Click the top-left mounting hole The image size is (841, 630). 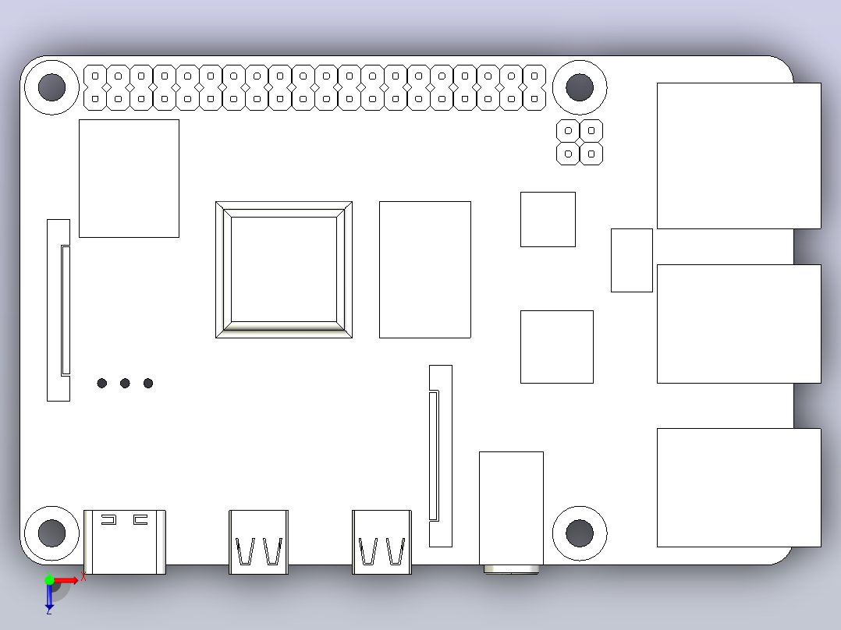click(52, 87)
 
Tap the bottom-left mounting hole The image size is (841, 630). click(52, 533)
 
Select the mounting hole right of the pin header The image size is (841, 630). click(580, 87)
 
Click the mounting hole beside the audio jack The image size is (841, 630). click(580, 533)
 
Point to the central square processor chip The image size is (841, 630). click(284, 270)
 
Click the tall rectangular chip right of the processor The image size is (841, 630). click(424, 270)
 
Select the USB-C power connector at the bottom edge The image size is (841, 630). click(125, 542)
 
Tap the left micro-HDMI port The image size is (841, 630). click(258, 542)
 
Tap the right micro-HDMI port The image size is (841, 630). click(382, 542)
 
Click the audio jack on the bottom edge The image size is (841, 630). click(511, 512)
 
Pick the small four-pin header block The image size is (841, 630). click(580, 142)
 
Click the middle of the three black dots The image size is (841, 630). click(125, 383)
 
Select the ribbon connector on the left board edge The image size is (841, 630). click(59, 310)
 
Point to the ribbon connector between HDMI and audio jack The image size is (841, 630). click(441, 456)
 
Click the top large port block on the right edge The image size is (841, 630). click(739, 155)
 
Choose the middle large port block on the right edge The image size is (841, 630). click(739, 324)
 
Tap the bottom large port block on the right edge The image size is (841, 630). click(739, 487)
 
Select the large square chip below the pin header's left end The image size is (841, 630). click(130, 179)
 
